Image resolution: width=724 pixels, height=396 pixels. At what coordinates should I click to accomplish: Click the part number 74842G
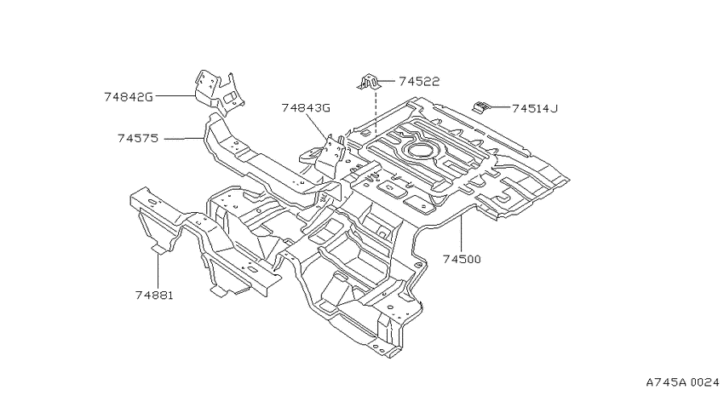click(x=129, y=97)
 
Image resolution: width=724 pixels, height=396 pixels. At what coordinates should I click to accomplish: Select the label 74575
click(x=138, y=138)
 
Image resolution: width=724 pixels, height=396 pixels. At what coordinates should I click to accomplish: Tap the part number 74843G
click(x=306, y=108)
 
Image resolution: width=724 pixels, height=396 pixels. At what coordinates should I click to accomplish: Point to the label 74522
click(x=419, y=81)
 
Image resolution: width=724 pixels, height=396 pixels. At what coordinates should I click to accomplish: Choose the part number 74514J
click(x=535, y=108)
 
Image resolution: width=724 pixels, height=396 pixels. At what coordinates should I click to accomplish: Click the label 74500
click(x=462, y=259)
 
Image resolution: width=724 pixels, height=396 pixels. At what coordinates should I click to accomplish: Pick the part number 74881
click(x=154, y=295)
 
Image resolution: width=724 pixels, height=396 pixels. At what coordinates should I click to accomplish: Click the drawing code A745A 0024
click(x=682, y=382)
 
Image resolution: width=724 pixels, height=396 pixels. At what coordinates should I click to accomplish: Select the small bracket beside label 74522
click(x=369, y=82)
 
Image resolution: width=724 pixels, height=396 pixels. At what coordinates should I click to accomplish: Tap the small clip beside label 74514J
click(x=480, y=107)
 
